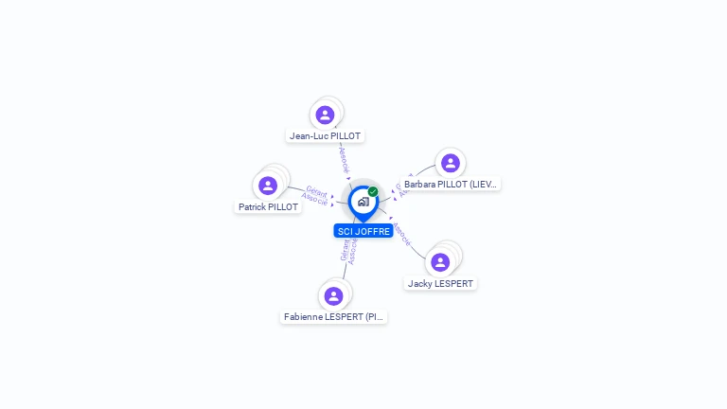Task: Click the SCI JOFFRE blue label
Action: point(363,231)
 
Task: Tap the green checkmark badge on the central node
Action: point(373,192)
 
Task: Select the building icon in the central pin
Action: point(363,202)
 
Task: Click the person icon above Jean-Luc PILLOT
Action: point(325,115)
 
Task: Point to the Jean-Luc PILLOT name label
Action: point(326,135)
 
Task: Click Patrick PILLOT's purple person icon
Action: point(268,186)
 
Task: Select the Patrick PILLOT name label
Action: point(268,206)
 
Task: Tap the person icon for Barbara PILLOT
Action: point(451,163)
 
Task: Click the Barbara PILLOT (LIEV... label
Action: point(451,185)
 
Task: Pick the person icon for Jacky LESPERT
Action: point(440,262)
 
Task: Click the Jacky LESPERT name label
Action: point(440,283)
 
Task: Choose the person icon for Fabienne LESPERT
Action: point(333,295)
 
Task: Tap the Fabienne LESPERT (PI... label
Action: point(334,316)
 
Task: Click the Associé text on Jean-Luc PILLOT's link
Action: point(345,158)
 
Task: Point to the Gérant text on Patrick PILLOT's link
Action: point(316,191)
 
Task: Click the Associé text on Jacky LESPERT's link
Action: point(401,233)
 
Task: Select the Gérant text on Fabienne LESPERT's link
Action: point(345,248)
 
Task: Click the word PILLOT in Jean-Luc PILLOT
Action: point(346,135)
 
